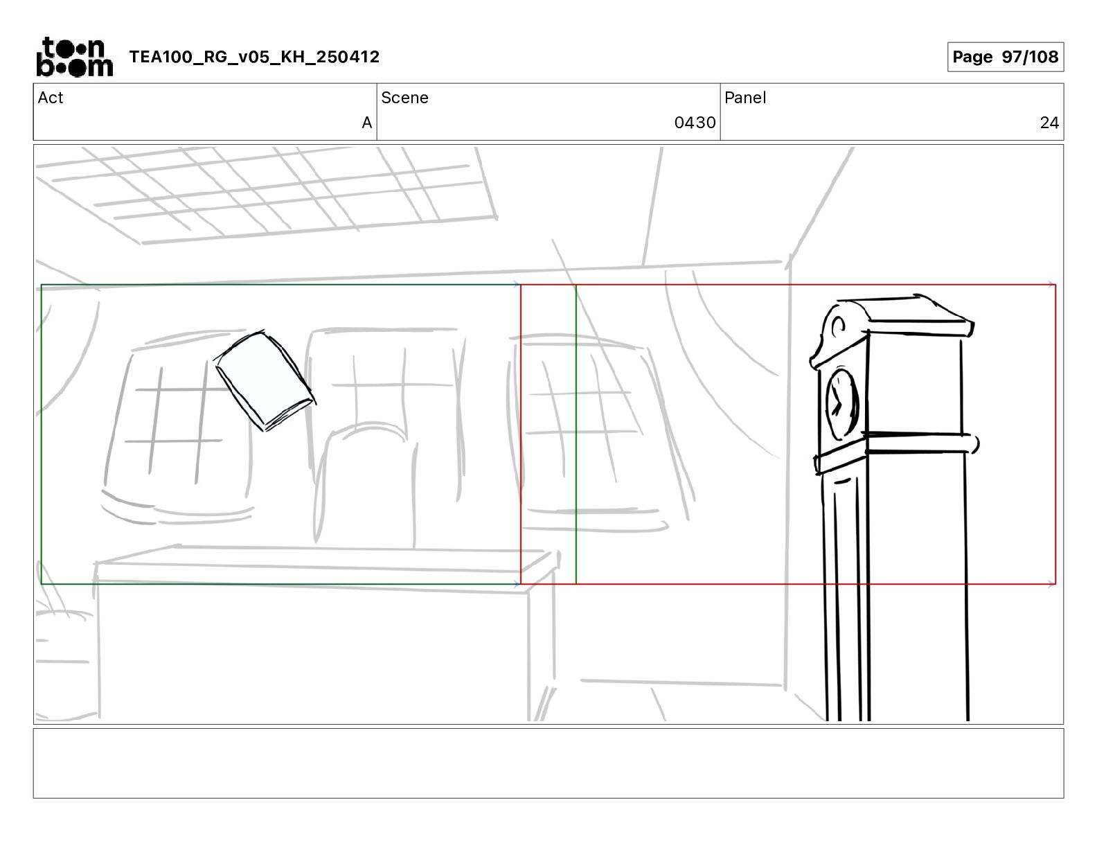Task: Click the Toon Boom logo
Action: [x=75, y=57]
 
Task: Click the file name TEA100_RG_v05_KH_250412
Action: [x=254, y=57]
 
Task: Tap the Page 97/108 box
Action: [x=1005, y=57]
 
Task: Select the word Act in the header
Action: [x=51, y=98]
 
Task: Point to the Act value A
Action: [x=367, y=123]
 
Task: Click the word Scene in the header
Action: [x=404, y=98]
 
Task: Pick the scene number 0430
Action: [x=695, y=123]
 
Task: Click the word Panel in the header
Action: [x=745, y=98]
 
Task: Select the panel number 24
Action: [x=1049, y=123]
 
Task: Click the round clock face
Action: [x=841, y=404]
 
